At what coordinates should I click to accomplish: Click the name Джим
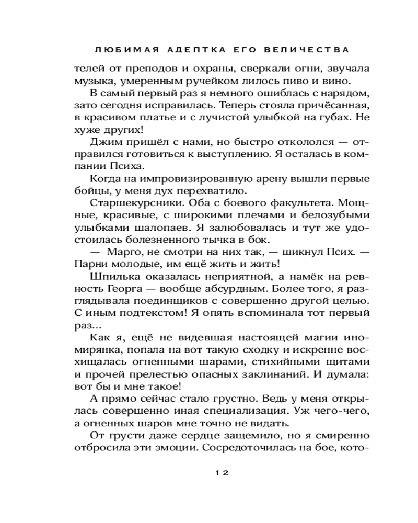click(104, 143)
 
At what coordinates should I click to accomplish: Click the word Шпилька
click(111, 278)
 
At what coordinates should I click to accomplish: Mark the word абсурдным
click(228, 290)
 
